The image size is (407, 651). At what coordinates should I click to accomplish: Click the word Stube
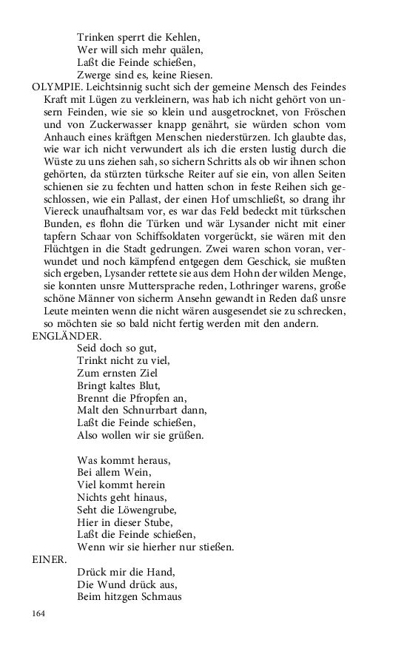coord(157,522)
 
